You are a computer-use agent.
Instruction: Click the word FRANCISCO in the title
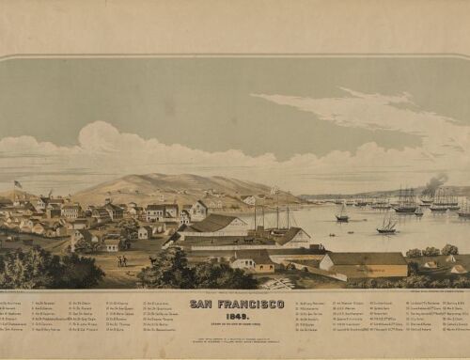click(x=248, y=304)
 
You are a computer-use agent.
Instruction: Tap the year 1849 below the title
click(x=235, y=314)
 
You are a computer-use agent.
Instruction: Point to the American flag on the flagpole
click(x=18, y=183)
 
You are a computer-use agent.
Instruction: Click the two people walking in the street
click(x=121, y=260)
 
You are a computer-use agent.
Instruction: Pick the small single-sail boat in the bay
click(x=342, y=216)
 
